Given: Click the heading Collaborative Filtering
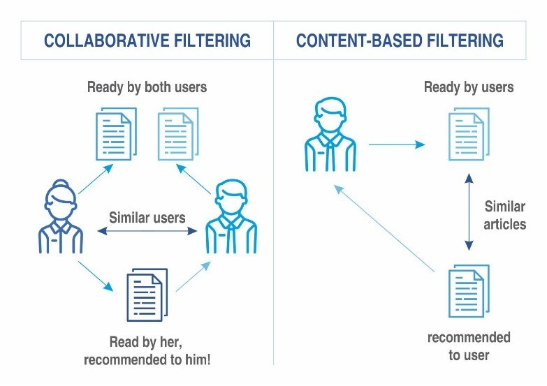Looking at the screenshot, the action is tap(147, 40).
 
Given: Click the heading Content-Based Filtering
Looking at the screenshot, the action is tap(400, 40).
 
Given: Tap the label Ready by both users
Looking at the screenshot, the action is tap(147, 87).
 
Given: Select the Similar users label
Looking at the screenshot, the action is tap(147, 218).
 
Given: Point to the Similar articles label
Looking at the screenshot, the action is tap(505, 215).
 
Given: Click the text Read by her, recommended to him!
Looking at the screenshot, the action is tap(147, 350).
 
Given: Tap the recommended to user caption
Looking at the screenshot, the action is tap(469, 346).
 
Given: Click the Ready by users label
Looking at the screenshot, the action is tap(469, 87).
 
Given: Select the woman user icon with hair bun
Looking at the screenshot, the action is tap(61, 216).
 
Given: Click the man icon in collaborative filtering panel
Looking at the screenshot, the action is tap(231, 216).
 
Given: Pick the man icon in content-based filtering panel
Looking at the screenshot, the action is tap(330, 134).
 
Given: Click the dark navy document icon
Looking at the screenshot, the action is tap(147, 295).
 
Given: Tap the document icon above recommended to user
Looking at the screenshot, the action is tap(469, 291).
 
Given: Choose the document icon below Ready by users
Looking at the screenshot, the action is tap(469, 134).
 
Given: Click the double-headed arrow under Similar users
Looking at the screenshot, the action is tap(147, 231).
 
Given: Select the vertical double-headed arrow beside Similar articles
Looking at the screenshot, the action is tap(469, 212).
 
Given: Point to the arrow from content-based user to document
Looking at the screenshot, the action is tap(397, 144).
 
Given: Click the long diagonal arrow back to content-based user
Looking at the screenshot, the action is tap(384, 228).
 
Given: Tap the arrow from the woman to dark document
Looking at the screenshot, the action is tap(96, 276).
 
